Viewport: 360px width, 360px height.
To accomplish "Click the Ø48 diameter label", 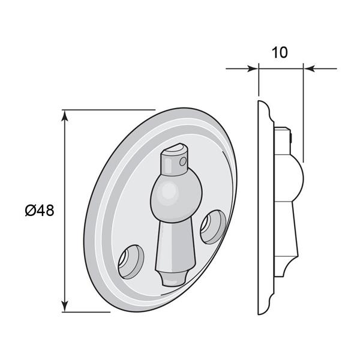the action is [40, 211].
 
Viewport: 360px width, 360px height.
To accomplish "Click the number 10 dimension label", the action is [280, 52].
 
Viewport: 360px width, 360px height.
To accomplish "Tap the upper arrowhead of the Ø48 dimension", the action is [65, 115].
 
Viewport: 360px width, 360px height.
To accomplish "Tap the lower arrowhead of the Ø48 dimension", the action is [65, 306].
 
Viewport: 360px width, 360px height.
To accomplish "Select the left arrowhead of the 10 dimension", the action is [253, 68].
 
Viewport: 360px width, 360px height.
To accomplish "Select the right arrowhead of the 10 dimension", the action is [309, 68].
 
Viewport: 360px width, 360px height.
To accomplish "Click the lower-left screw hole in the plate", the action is [131, 262].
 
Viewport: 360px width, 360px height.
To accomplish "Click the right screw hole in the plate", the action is [213, 227].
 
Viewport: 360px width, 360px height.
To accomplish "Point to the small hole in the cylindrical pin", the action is [183, 161].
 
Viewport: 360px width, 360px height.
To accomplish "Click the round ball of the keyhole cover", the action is [176, 196].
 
